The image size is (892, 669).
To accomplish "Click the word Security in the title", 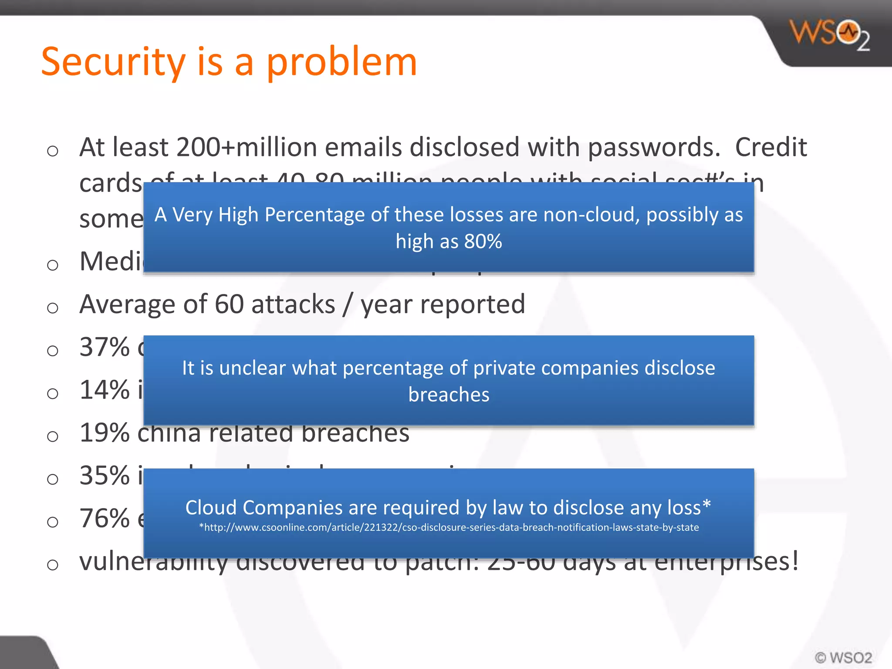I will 113,62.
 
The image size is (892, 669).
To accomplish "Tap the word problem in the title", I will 341,62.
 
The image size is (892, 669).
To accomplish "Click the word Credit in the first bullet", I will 771,147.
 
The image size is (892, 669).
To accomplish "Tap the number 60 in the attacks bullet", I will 229,304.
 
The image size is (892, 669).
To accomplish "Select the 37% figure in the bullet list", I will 105,347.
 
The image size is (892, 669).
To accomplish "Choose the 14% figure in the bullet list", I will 105,390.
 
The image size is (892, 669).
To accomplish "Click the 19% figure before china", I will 105,432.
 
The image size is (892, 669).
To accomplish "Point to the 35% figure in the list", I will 105,475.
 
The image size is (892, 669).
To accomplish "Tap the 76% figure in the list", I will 105,518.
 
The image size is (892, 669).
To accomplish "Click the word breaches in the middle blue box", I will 449,395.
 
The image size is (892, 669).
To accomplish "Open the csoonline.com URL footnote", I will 449,527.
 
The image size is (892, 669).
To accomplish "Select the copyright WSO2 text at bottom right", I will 844,657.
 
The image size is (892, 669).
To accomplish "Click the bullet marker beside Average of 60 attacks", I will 53,308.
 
